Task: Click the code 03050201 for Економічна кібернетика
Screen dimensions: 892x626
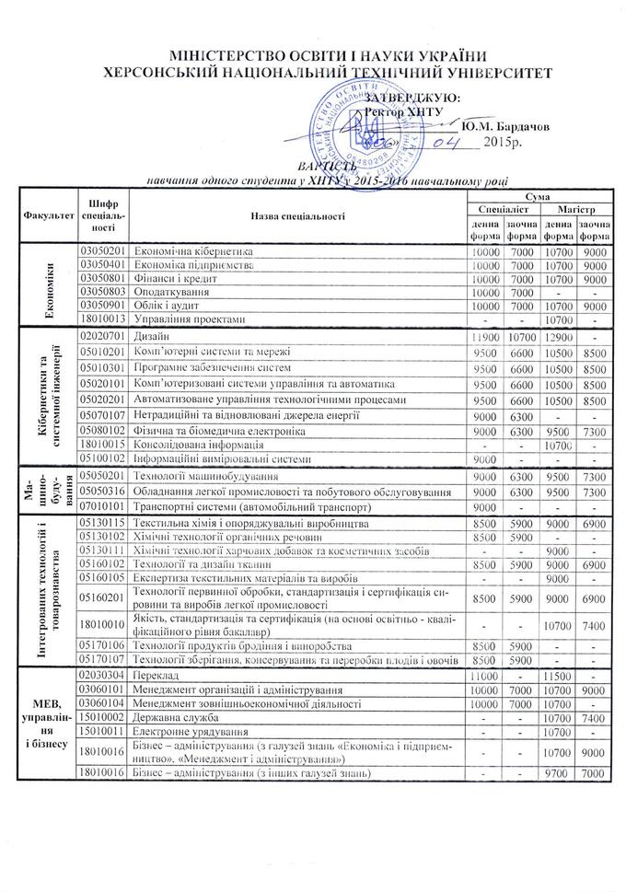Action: click(x=102, y=250)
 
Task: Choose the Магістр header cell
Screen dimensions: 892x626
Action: click(x=577, y=211)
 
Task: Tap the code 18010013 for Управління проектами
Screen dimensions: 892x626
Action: click(x=102, y=319)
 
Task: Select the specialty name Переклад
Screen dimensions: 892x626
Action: click(x=157, y=676)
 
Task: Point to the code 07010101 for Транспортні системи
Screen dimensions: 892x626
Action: click(x=102, y=507)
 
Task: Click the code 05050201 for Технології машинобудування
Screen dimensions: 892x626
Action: click(x=102, y=476)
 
